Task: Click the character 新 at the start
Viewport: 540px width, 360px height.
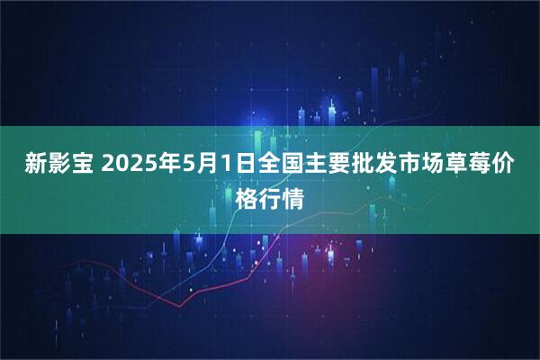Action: tap(35, 166)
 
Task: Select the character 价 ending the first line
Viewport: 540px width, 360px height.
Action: tap(504, 166)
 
